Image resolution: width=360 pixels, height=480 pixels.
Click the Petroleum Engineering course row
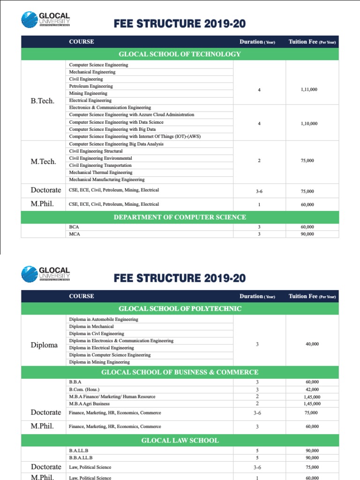(x=91, y=86)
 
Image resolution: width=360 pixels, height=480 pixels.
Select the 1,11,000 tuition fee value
(x=309, y=90)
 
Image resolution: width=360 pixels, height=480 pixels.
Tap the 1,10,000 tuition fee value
(x=309, y=124)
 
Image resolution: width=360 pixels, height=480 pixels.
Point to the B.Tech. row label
(x=42, y=101)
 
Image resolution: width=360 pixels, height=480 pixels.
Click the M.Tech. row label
(x=44, y=161)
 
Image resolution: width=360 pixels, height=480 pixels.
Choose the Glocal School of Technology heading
(x=180, y=54)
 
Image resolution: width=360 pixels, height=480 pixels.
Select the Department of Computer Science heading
(x=180, y=217)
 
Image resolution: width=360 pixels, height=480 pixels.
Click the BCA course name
(x=74, y=227)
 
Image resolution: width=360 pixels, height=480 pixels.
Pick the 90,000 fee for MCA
(x=307, y=234)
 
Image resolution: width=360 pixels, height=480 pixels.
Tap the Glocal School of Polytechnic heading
(x=180, y=308)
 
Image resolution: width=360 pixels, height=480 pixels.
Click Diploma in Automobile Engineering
(x=104, y=319)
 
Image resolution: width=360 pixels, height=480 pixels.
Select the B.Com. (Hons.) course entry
(x=84, y=390)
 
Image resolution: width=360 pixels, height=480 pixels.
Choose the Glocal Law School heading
(x=180, y=441)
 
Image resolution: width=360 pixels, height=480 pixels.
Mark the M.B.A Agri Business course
(x=90, y=404)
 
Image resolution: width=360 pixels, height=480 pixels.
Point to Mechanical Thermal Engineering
(x=101, y=172)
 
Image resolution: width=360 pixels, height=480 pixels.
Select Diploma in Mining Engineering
(x=99, y=362)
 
